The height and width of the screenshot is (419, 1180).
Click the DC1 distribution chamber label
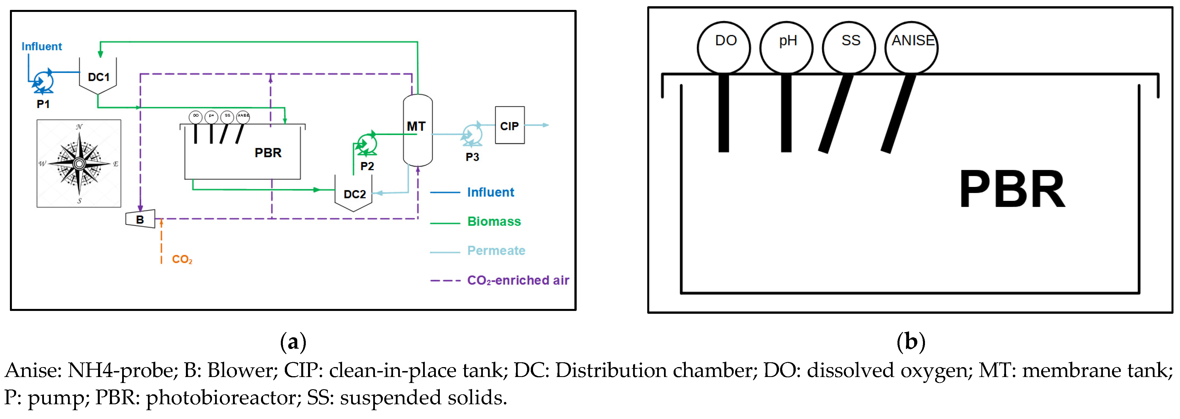[x=99, y=77]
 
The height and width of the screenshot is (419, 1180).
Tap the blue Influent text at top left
[x=42, y=46]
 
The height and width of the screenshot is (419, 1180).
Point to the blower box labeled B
[x=140, y=219]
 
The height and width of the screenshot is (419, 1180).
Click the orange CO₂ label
[x=182, y=260]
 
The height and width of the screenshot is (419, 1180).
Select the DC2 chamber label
[x=355, y=194]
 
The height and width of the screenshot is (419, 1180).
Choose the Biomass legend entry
[x=494, y=222]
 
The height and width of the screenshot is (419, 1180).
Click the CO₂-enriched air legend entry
[x=518, y=280]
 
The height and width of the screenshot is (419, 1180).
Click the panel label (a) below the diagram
[x=293, y=342]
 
